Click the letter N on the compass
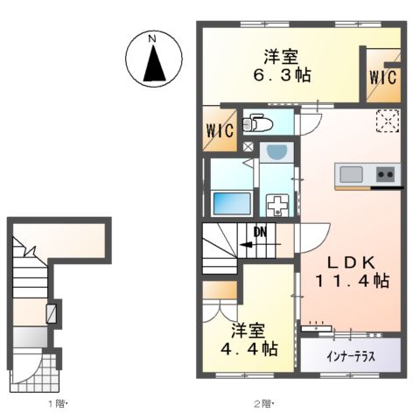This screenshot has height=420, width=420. click(152, 39)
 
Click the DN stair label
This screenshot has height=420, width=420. click(260, 232)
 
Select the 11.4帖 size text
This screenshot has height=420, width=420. click(353, 282)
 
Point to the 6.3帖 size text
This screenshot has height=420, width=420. click(280, 75)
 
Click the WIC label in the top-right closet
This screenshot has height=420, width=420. click(382, 77)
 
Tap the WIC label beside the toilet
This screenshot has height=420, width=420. click(219, 131)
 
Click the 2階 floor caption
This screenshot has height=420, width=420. click(263, 404)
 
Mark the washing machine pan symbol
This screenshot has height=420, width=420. click(278, 207)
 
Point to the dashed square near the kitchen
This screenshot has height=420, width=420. click(386, 121)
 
